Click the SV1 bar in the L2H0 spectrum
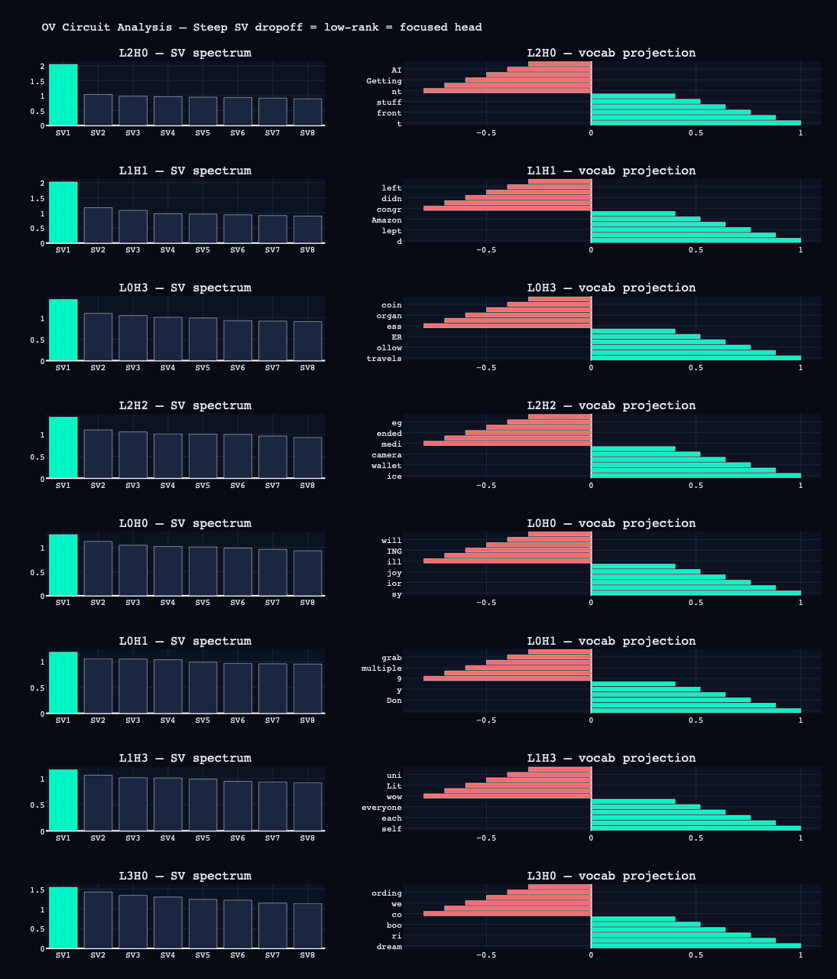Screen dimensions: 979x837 click(63, 95)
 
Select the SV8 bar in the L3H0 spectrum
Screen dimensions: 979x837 click(307, 926)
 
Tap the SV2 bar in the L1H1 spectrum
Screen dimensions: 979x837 click(98, 226)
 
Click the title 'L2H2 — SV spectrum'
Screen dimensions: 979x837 click(185, 405)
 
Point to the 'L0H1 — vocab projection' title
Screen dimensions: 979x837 click(611, 641)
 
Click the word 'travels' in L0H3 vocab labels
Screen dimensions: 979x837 click(384, 359)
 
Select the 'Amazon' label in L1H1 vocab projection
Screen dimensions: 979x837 click(386, 220)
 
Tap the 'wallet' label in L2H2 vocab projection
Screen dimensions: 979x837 click(386, 466)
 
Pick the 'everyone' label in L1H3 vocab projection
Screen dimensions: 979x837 click(381, 808)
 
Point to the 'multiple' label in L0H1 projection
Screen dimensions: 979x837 click(381, 668)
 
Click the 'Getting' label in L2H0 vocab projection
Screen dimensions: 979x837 click(384, 81)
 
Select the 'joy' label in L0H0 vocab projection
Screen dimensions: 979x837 click(394, 573)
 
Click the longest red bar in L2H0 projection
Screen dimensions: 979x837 click(508, 91)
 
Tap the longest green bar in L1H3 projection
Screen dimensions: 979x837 click(696, 828)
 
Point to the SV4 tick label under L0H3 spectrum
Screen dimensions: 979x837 click(167, 368)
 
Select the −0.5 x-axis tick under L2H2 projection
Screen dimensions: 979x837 click(485, 485)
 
